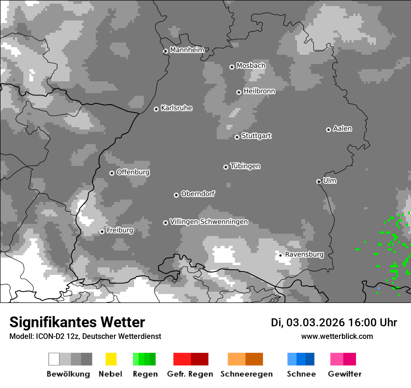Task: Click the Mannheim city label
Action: click(187, 50)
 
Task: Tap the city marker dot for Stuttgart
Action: click(237, 137)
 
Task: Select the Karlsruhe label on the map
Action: click(176, 108)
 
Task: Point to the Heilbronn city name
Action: click(259, 91)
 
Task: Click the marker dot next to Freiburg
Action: click(102, 231)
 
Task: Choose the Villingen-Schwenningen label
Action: click(209, 222)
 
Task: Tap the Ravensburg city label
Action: click(304, 254)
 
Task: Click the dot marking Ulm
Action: click(319, 181)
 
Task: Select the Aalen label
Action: click(342, 129)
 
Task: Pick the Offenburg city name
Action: click(133, 172)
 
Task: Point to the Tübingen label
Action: click(245, 166)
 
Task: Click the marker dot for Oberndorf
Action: click(176, 195)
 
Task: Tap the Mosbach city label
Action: click(250, 66)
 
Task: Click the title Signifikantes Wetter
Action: click(77, 322)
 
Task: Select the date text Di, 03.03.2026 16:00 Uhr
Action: click(333, 323)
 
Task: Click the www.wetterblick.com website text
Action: click(337, 336)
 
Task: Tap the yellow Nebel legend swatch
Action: click(111, 359)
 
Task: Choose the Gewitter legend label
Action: click(344, 374)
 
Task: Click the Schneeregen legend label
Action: click(246, 374)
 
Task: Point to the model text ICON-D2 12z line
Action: click(85, 336)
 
